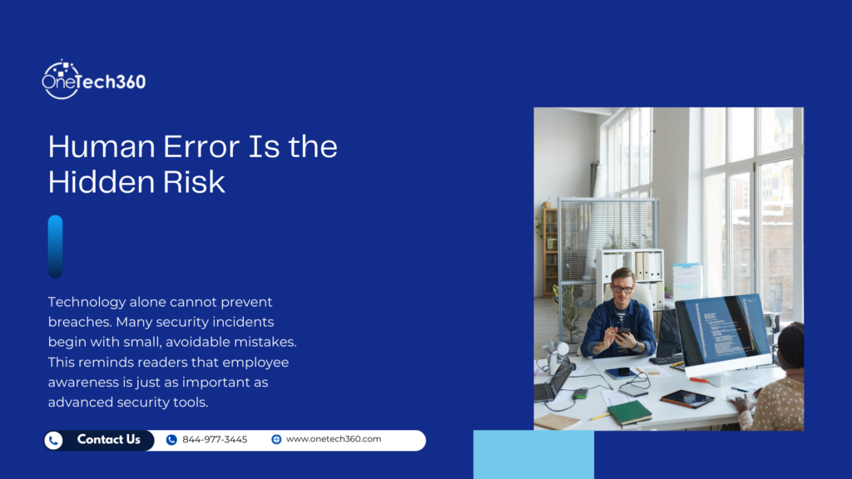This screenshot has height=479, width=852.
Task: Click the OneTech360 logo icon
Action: [61, 79]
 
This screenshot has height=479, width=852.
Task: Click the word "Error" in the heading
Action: [192, 147]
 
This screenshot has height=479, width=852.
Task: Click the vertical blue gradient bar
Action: [55, 247]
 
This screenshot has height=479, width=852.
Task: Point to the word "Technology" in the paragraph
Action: [87, 302]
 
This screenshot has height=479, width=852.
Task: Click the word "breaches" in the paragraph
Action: [80, 320]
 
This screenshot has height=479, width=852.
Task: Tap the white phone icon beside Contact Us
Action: [54, 440]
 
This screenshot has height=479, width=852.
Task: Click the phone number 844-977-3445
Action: [215, 440]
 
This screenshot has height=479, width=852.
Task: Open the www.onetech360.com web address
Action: [333, 440]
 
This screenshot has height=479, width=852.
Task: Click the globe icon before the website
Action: [276, 440]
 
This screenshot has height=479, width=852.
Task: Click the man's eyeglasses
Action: [622, 289]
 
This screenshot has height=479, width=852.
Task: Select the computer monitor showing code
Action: [721, 333]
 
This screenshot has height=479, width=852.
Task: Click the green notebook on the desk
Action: [629, 411]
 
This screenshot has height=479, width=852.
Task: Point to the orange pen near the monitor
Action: [701, 380]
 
